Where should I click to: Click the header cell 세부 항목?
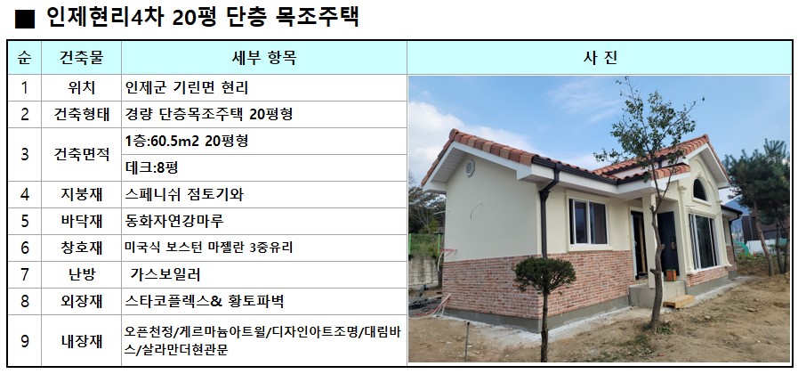point(263,58)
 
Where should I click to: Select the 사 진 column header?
point(600,58)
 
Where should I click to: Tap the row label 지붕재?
point(82,194)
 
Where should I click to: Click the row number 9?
point(24,340)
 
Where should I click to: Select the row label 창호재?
point(82,248)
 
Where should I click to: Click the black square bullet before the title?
point(24,19)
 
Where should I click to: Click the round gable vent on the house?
point(469,167)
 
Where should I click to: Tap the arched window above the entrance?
point(699,190)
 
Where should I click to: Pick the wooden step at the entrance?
point(679,301)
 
